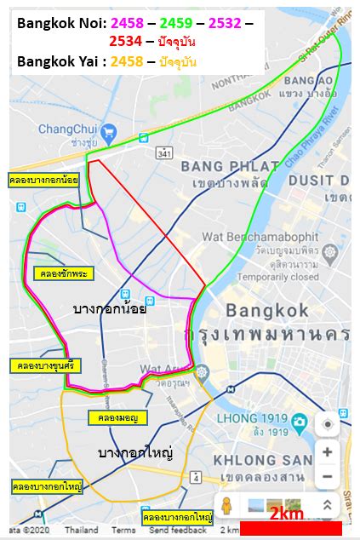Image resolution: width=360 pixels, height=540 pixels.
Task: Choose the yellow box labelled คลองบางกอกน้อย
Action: click(43, 181)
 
